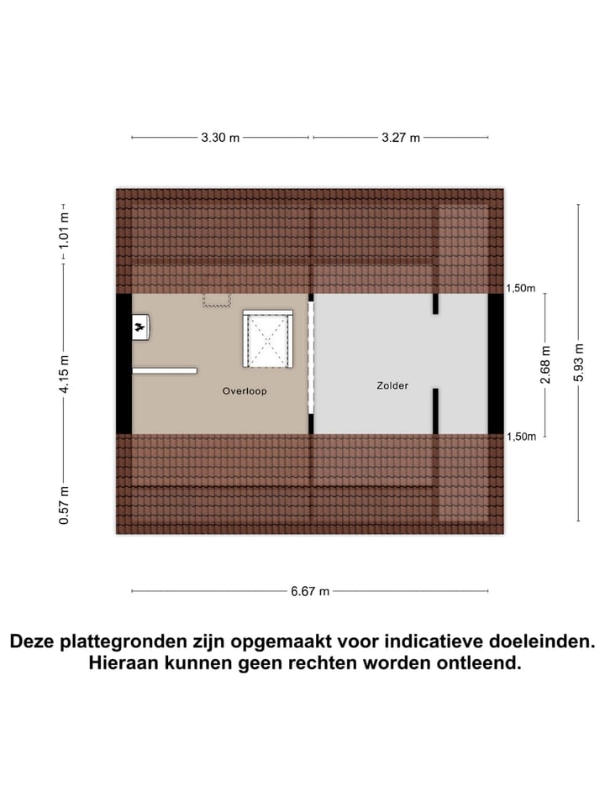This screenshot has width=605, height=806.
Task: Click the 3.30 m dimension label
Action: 220,138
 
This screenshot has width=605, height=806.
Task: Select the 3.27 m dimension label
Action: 400,138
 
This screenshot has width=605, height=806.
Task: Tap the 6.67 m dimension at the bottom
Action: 310,591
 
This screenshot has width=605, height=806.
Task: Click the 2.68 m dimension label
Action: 544,365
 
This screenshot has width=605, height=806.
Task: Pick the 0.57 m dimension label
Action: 64,506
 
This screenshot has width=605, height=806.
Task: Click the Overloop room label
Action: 245,391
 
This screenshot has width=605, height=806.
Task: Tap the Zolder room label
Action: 392,386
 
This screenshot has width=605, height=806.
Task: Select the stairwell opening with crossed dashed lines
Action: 268,339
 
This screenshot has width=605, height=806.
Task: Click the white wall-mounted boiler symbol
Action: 140,326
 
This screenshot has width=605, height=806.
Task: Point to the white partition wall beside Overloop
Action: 165,370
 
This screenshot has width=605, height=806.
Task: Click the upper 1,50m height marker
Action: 520,288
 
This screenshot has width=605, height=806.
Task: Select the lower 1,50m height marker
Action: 520,437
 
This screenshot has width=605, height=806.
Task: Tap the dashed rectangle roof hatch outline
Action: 216,300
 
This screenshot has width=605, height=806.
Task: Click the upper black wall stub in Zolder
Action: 435,304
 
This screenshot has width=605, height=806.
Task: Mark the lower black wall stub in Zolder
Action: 435,411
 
